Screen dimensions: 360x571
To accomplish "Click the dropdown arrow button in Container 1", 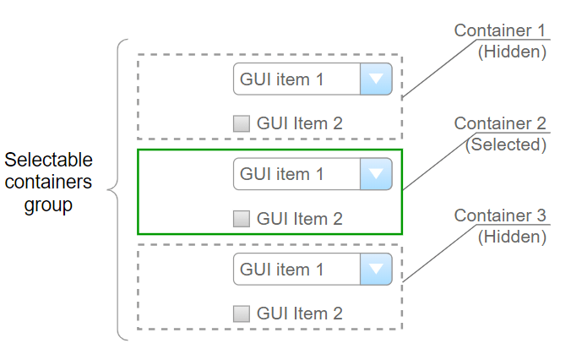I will (x=377, y=79).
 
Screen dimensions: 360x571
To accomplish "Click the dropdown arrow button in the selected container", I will (x=377, y=174).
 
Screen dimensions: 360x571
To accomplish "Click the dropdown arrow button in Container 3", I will (x=377, y=270).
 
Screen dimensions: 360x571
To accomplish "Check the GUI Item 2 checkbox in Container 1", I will (x=242, y=123).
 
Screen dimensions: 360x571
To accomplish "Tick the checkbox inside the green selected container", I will (x=242, y=219).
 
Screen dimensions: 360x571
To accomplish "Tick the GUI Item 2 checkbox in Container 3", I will (x=242, y=314).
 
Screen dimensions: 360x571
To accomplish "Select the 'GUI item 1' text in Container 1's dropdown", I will (x=281, y=79).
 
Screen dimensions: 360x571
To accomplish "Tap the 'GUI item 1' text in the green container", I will (x=281, y=174).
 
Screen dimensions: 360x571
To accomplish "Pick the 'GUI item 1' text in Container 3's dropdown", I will (x=281, y=270).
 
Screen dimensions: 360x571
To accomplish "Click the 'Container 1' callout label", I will (x=499, y=30).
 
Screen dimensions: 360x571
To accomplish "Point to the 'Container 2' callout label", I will (x=499, y=124).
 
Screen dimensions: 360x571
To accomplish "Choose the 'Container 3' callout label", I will (x=499, y=215).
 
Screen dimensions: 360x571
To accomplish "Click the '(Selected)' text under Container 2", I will (x=506, y=145).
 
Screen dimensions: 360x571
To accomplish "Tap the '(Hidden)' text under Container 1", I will (x=512, y=51).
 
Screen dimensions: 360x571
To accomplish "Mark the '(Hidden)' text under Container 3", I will (x=512, y=237).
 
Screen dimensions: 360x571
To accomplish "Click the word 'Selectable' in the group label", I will (x=48, y=160).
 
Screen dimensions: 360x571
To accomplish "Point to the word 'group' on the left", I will (x=48, y=205).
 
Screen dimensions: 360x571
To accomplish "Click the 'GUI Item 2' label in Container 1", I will (x=299, y=123).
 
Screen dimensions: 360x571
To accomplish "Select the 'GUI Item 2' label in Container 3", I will (x=299, y=314).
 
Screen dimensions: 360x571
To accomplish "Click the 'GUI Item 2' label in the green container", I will (x=299, y=219).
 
